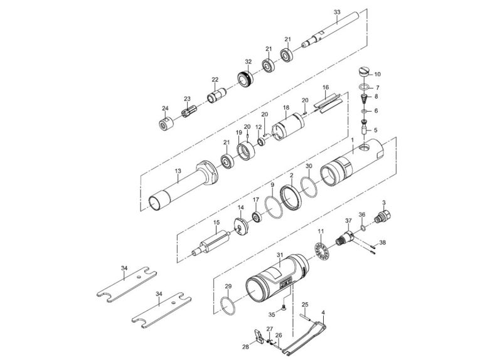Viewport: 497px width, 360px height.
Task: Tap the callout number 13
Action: click(x=178, y=171)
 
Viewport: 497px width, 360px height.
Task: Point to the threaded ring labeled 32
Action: click(x=245, y=80)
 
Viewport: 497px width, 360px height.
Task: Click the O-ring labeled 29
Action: click(x=229, y=307)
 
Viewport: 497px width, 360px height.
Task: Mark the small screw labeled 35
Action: click(x=283, y=307)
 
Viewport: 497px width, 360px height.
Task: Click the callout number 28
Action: click(x=246, y=346)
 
